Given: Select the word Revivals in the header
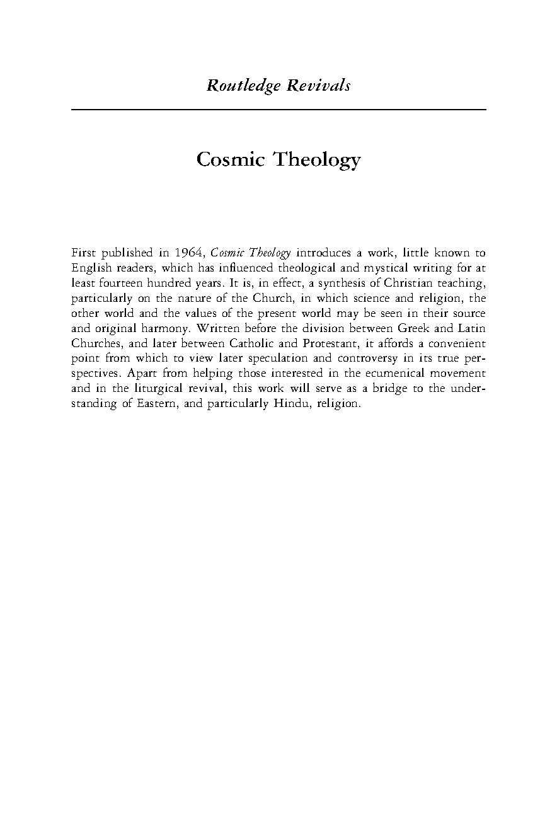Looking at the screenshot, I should (318, 86).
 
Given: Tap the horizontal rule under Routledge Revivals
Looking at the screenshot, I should (278, 110).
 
